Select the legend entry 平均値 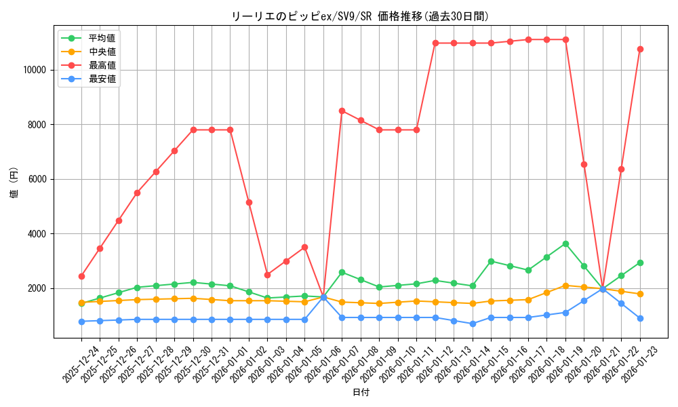(x=102, y=38)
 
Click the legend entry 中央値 (x=102, y=52)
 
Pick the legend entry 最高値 (x=102, y=65)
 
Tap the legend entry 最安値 (x=102, y=79)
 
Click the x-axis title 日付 (x=361, y=393)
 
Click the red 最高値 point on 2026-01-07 (x=342, y=111)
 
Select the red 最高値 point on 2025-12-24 (x=81, y=276)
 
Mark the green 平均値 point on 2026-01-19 (x=565, y=244)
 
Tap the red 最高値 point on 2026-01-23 (x=640, y=49)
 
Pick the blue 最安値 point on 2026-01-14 (x=473, y=324)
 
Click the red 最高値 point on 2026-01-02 (x=249, y=202)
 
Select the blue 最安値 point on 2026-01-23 (x=640, y=318)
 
